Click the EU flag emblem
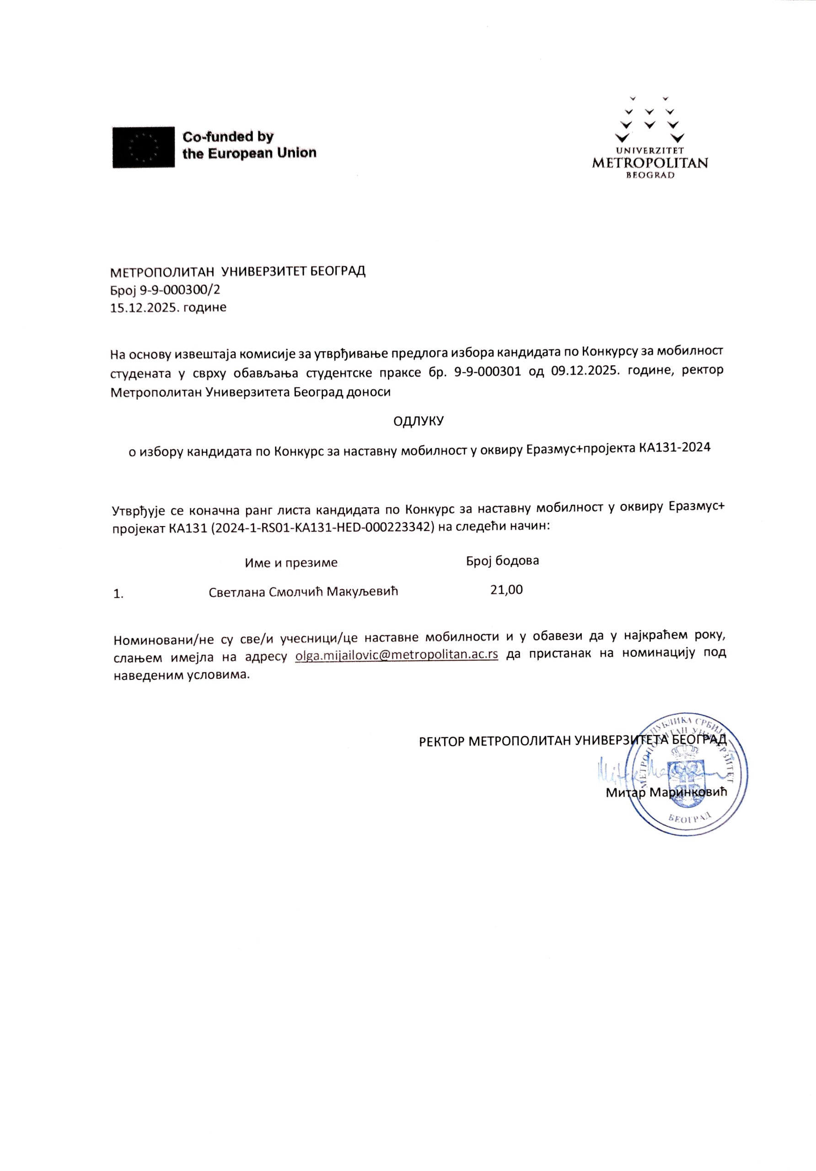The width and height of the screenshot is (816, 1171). pyautogui.click(x=143, y=147)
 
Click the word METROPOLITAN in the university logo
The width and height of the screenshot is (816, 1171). pyautogui.click(x=650, y=163)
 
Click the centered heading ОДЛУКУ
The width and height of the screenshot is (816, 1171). pyautogui.click(x=418, y=421)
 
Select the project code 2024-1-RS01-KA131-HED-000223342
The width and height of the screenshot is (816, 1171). pyautogui.click(x=322, y=526)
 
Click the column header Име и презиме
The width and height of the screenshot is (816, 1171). pyautogui.click(x=291, y=563)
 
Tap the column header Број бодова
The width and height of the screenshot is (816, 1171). pyautogui.click(x=502, y=560)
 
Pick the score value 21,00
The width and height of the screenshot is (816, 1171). pyautogui.click(x=506, y=590)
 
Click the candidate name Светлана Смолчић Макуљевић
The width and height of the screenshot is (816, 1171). pyautogui.click(x=303, y=591)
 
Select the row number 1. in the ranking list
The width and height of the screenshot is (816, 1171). pyautogui.click(x=118, y=594)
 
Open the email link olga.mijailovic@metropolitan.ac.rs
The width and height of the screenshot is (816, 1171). pyautogui.click(x=396, y=655)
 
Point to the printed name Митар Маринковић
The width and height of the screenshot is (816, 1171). pyautogui.click(x=666, y=793)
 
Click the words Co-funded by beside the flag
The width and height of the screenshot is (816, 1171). pyautogui.click(x=228, y=137)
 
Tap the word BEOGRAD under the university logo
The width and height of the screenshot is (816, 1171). pyautogui.click(x=650, y=175)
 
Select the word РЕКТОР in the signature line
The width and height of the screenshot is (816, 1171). pyautogui.click(x=442, y=741)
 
